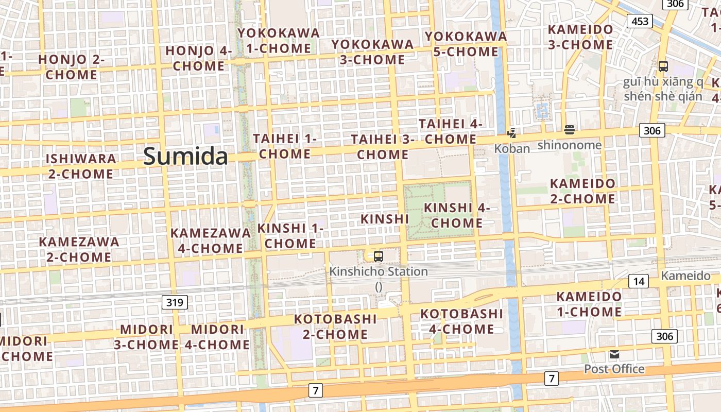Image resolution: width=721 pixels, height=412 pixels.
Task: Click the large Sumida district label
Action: tap(185, 156)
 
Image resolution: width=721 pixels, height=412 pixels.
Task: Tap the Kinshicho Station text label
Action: tap(379, 271)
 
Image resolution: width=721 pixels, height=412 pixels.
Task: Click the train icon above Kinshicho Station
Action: tap(379, 256)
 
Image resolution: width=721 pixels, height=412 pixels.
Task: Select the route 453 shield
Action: tap(640, 21)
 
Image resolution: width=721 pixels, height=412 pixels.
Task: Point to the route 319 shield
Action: tap(175, 302)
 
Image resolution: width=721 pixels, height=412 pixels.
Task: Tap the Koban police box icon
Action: tap(511, 133)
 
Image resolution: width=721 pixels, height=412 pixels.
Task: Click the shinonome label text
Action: tap(569, 145)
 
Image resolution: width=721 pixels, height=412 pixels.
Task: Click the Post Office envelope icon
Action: tap(614, 354)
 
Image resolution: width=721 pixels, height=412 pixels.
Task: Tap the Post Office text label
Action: tap(614, 369)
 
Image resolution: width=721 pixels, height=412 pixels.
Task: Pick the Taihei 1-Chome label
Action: tap(284, 146)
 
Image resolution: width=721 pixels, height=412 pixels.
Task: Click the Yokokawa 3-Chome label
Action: tap(372, 52)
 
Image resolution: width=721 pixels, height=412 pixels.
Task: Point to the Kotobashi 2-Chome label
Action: tap(335, 327)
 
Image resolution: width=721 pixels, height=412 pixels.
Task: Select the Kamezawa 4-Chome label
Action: tap(211, 241)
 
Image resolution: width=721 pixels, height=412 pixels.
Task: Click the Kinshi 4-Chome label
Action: tap(456, 215)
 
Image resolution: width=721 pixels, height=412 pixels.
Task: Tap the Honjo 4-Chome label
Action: tap(199, 58)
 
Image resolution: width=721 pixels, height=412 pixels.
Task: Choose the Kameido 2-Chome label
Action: tap(582, 191)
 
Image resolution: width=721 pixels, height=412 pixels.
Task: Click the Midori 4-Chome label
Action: tap(217, 337)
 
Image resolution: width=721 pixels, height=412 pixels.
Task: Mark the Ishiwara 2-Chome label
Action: tap(81, 166)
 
